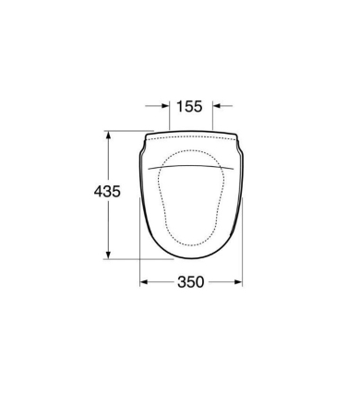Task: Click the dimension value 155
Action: pyautogui.click(x=189, y=106)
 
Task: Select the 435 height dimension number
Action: pyautogui.click(x=107, y=192)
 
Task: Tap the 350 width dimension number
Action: pyautogui.click(x=191, y=282)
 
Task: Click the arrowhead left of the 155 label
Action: pyautogui.click(x=165, y=106)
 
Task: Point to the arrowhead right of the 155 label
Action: pyautogui.click(x=217, y=106)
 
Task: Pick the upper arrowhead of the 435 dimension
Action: pyautogui.click(x=108, y=136)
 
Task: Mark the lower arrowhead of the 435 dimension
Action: pyautogui.click(x=108, y=255)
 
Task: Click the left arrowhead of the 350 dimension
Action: pyautogui.click(x=144, y=282)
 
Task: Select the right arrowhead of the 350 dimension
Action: pyautogui.click(x=238, y=282)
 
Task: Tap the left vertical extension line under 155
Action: pyautogui.click(x=170, y=114)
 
